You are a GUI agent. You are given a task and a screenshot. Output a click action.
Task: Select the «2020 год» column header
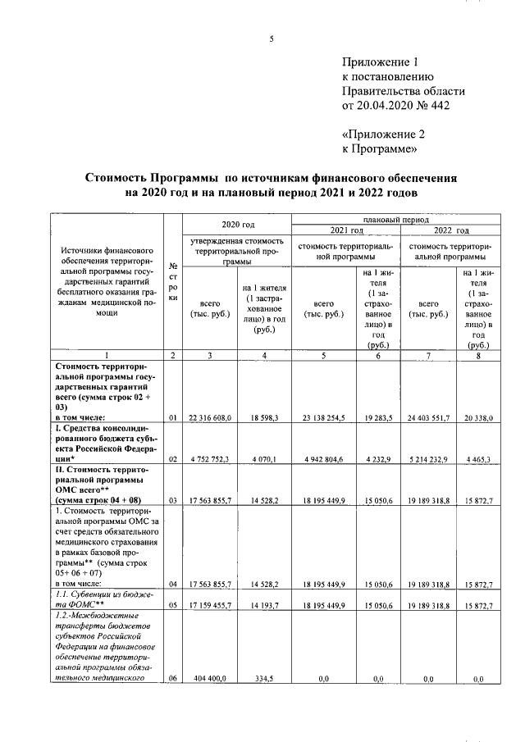click(238, 224)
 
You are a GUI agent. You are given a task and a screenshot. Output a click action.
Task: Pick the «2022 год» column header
click(450, 230)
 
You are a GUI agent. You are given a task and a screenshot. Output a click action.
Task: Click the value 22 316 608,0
click(211, 418)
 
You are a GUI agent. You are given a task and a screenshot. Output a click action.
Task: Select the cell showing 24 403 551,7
click(428, 418)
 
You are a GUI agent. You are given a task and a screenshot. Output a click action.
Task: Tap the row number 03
click(173, 498)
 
